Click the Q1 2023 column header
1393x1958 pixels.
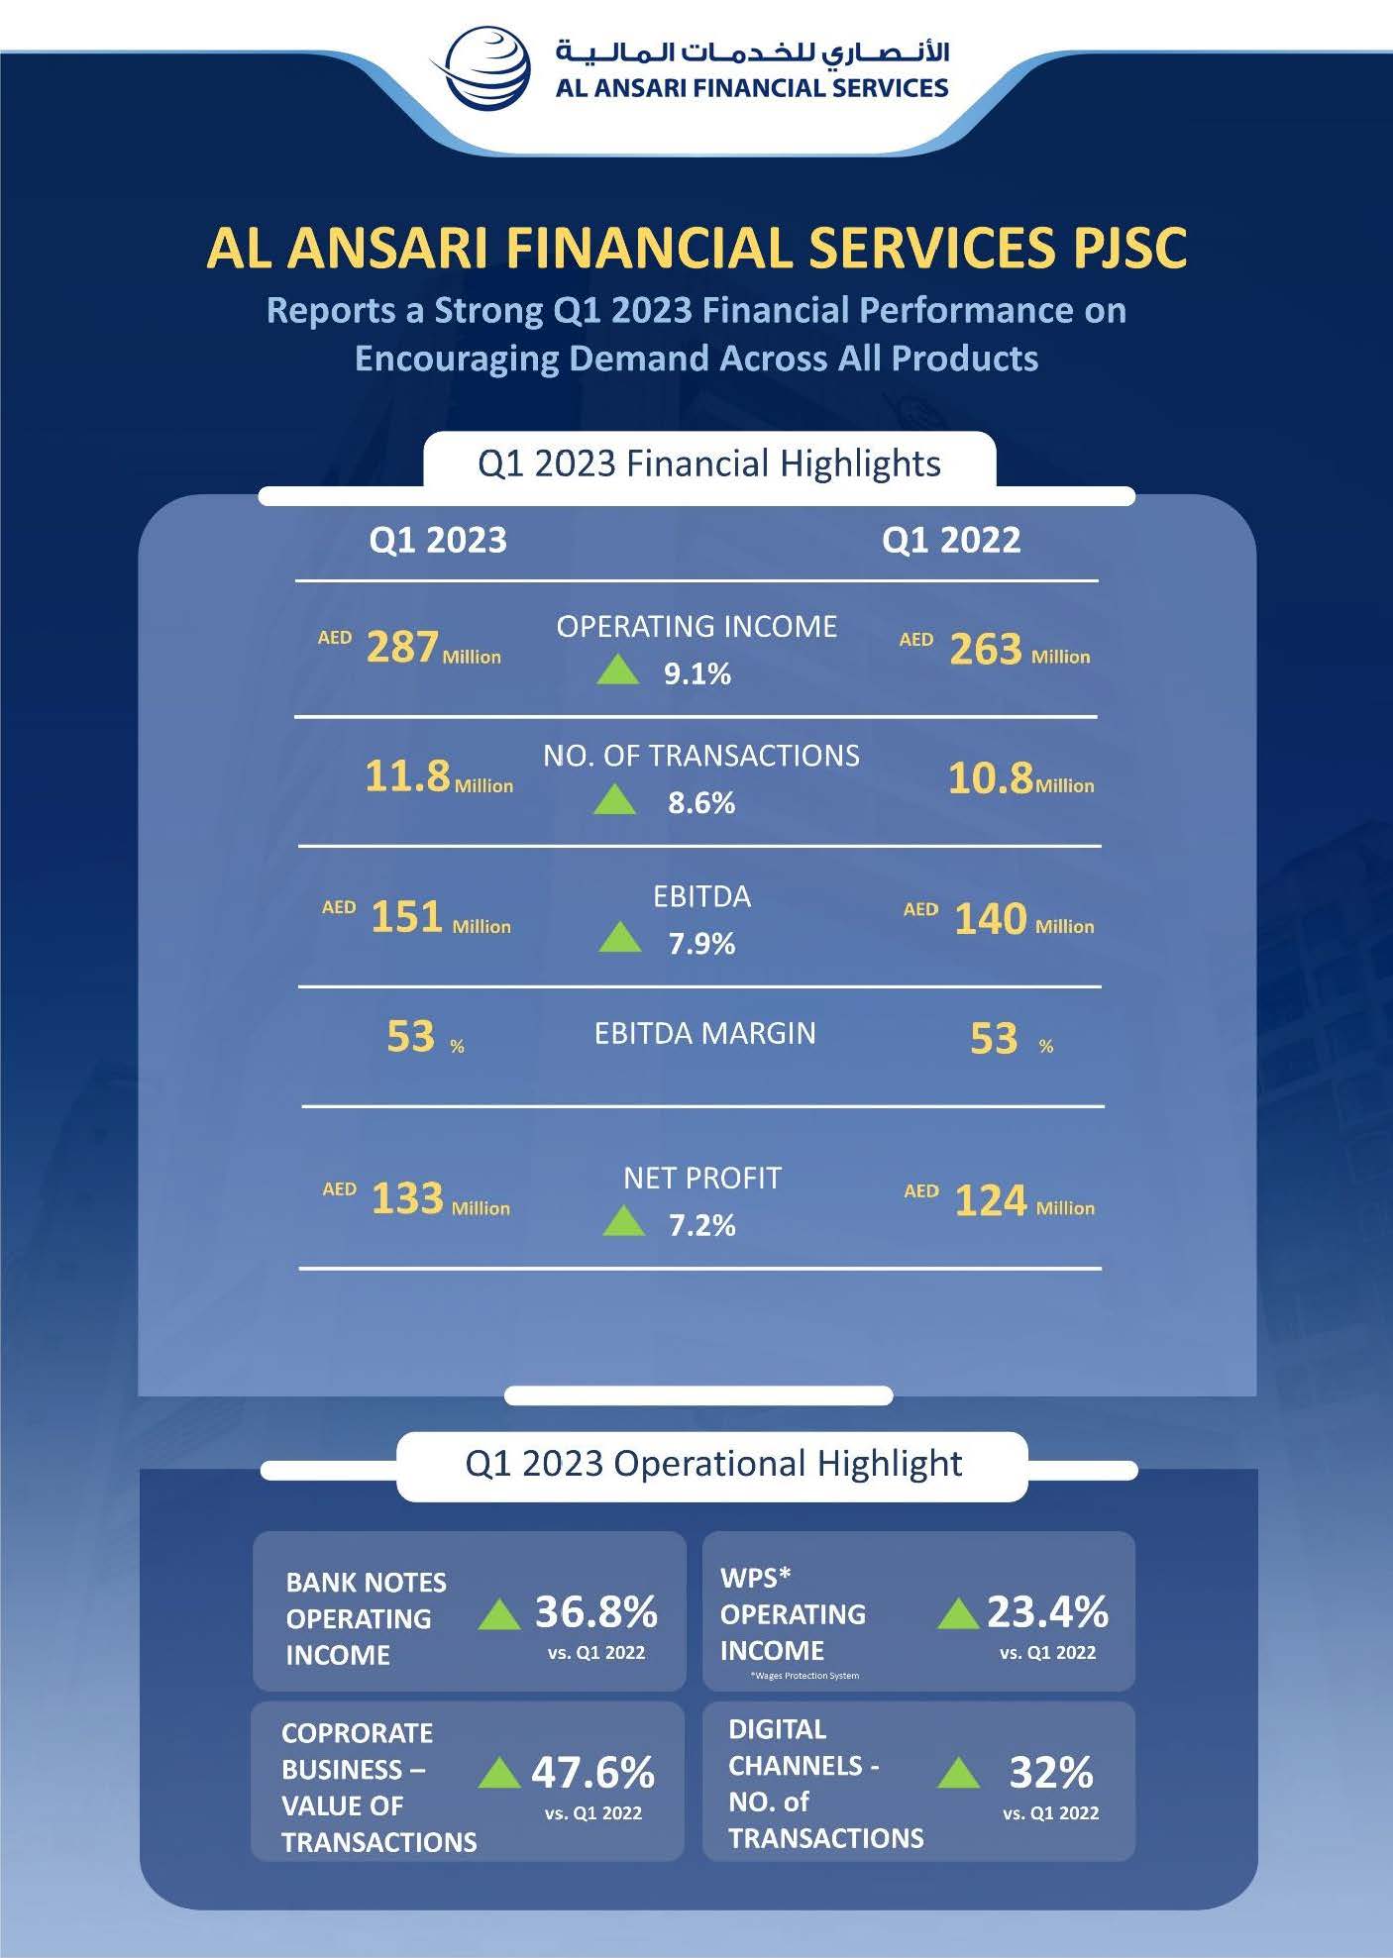pos(437,540)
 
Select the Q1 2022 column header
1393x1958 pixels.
pos(950,540)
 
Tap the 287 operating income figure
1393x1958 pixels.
pos(402,647)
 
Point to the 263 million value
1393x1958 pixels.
pos(985,649)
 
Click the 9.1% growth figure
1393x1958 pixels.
pos(697,674)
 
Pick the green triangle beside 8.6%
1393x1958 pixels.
pos(614,799)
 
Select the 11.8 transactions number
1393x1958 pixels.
pos(407,775)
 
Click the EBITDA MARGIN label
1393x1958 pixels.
pos(704,1033)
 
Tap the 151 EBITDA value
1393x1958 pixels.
pos(406,917)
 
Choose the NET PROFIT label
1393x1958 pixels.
pos(702,1178)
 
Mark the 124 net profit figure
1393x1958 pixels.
pos(990,1200)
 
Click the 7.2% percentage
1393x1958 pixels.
pos(701,1225)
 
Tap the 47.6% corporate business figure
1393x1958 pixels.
pos(592,1772)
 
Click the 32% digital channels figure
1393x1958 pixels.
pos(1050,1772)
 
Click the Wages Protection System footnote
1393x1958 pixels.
pos(804,1676)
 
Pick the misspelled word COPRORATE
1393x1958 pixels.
pos(357,1733)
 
